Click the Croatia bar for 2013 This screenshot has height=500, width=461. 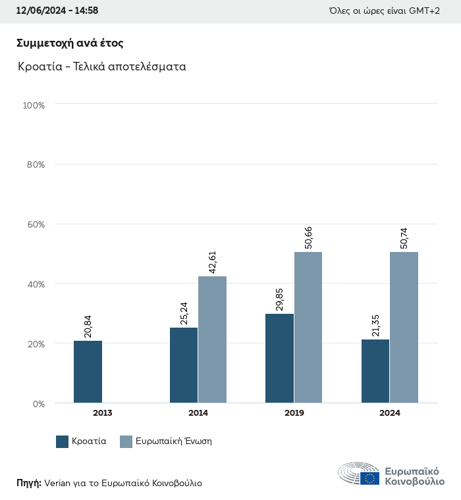[88, 372]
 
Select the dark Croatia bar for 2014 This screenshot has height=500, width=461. [184, 365]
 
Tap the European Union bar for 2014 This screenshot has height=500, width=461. [212, 339]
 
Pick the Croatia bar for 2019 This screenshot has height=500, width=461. [279, 359]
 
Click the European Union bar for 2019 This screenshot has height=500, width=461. [308, 328]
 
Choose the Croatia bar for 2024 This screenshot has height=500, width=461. [375, 371]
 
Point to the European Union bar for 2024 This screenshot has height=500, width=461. [404, 328]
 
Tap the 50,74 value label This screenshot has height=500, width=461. [404, 237]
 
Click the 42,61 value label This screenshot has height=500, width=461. [212, 261]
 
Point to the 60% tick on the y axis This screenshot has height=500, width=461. [34, 224]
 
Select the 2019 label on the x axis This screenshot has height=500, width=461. [294, 413]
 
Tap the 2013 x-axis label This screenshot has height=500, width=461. [102, 413]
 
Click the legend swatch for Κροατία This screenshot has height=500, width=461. [63, 442]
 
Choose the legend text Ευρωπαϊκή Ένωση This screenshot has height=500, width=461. [173, 442]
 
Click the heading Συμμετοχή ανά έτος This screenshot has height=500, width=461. [70, 43]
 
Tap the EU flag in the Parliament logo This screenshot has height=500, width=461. [369, 478]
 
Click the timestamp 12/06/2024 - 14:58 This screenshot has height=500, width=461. [57, 11]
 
